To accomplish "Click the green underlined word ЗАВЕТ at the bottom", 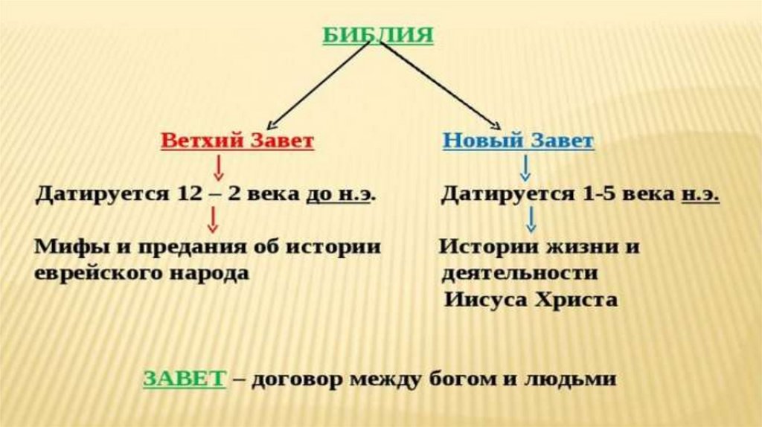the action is click(184, 378).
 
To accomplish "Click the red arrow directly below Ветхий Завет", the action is click(219, 169).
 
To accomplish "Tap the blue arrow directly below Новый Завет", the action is click(525, 169).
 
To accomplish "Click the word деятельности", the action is click(519, 272).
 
